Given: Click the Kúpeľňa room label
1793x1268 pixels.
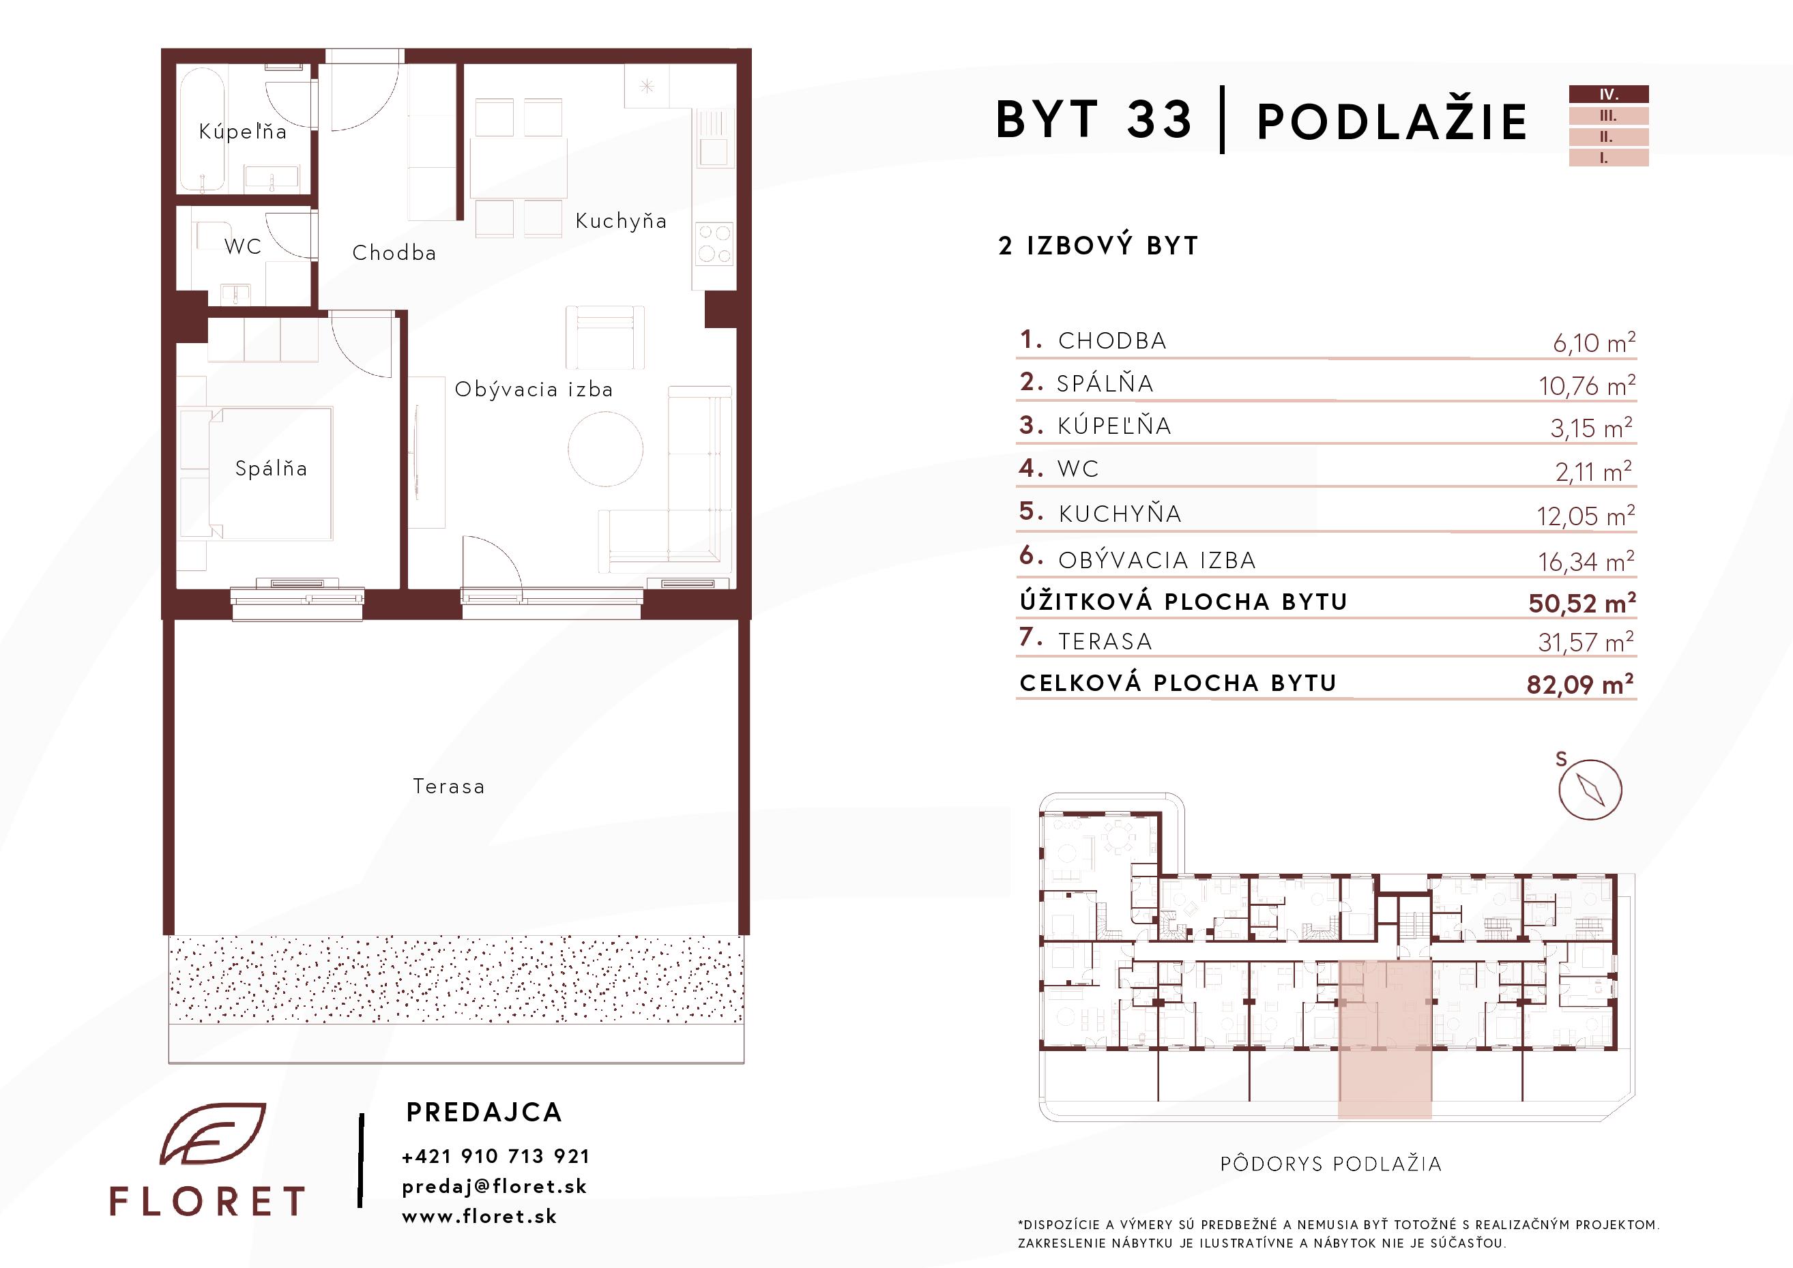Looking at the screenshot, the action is (243, 131).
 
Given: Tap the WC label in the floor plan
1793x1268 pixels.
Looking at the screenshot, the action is (243, 246).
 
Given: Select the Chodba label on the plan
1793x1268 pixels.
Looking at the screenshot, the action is (394, 252).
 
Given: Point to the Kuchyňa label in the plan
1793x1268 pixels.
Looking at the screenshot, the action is (621, 221).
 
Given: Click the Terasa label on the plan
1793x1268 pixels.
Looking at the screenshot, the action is (449, 786).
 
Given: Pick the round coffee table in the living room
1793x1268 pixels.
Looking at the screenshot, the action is (605, 448).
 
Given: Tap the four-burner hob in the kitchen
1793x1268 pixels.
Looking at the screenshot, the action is (714, 243).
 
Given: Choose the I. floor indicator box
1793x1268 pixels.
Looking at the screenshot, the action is (1609, 158).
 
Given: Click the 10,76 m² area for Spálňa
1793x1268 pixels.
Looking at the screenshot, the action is (1587, 385).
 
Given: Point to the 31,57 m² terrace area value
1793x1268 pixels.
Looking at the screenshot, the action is (1586, 642).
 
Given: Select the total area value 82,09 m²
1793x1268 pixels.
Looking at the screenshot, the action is (1581, 684).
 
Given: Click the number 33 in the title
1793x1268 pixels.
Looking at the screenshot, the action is (1159, 119).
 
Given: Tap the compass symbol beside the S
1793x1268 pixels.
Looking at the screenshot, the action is (1590, 789).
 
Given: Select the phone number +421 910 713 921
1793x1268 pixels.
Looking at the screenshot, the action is (496, 1156).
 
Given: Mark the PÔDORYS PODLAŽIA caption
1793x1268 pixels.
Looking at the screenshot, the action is (1330, 1164).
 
